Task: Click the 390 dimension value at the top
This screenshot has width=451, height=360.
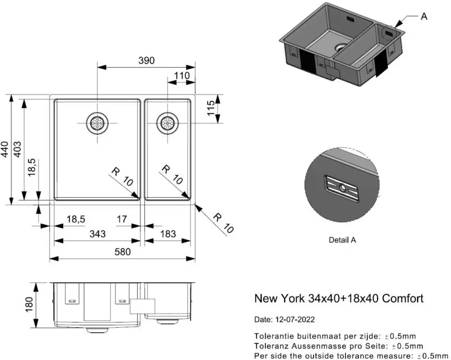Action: coord(146,61)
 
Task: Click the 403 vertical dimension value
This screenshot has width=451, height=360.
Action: coord(17,150)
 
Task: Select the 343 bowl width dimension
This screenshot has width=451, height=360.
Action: coord(97,234)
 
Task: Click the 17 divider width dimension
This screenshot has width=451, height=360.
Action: coord(122,220)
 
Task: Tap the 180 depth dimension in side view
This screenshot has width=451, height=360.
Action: coord(29,303)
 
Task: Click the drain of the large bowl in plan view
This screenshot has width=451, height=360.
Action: coord(97,124)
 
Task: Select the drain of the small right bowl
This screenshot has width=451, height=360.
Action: coord(168,124)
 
